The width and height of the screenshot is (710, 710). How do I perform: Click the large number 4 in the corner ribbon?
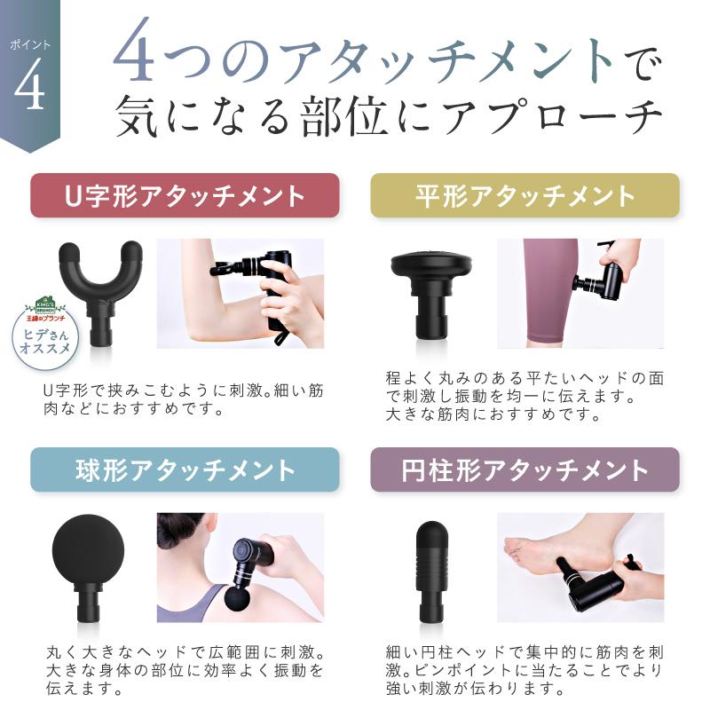tap(29, 88)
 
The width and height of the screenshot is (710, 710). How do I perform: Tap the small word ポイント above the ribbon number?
tap(30, 43)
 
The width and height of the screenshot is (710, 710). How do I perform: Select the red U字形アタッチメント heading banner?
tap(185, 195)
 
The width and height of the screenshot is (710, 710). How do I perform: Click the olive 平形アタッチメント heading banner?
tap(525, 195)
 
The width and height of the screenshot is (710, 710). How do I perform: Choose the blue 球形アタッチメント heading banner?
tap(185, 469)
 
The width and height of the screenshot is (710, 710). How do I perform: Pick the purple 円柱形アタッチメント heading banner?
tap(525, 469)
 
